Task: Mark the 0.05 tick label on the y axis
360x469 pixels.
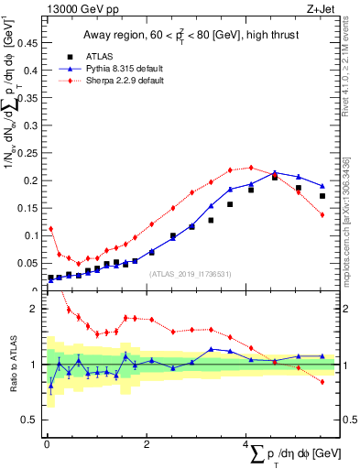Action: point(27,263)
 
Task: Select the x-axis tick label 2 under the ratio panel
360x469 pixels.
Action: point(147,443)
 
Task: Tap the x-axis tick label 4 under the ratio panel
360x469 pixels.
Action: point(246,443)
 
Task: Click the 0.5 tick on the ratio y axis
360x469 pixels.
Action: point(30,420)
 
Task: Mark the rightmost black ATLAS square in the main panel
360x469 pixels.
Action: point(322,196)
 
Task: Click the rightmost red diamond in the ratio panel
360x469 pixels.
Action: point(322,381)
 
